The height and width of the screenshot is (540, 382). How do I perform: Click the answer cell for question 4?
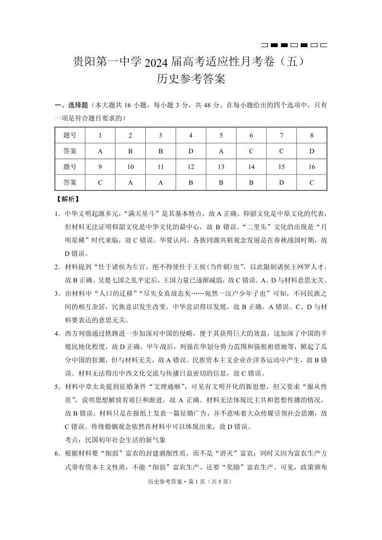click(191, 151)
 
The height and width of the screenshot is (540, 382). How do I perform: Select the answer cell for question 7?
click(281, 151)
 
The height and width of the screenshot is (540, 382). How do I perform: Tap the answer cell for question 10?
click(130, 183)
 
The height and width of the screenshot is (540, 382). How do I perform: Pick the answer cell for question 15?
click(281, 183)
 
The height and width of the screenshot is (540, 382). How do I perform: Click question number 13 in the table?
click(221, 167)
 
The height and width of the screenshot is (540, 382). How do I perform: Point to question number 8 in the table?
click(312, 136)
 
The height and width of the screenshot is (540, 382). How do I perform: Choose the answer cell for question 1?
click(100, 151)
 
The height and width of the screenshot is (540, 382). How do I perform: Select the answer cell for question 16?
click(312, 183)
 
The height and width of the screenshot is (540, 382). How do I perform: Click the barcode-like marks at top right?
click(293, 45)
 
